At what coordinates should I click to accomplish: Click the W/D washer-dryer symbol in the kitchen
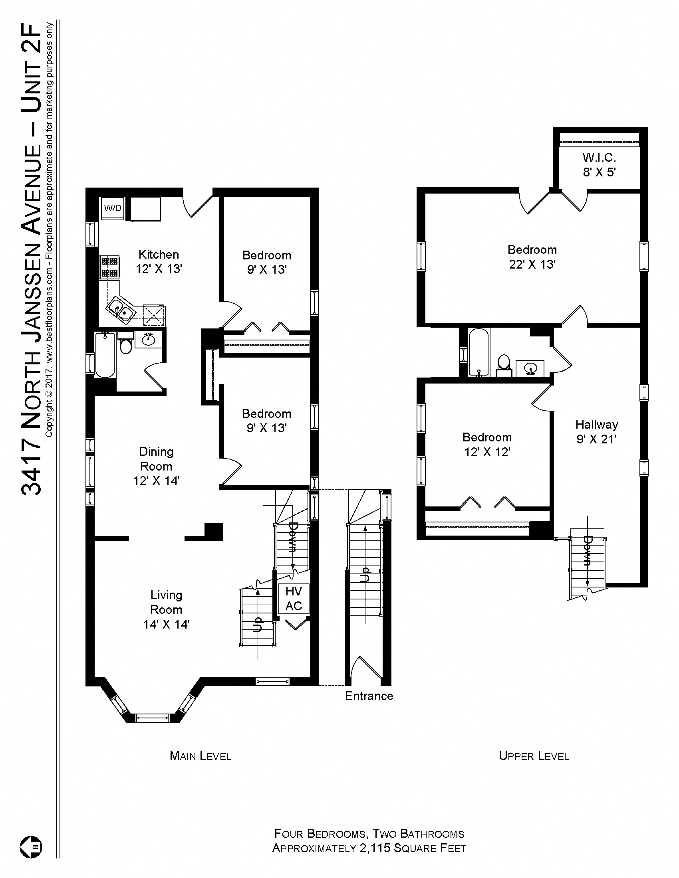click(x=113, y=208)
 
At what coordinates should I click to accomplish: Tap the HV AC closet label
click(x=294, y=598)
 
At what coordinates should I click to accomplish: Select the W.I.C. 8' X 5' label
click(x=600, y=165)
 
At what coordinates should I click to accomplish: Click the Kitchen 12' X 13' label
click(x=159, y=261)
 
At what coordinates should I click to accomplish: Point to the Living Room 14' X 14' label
click(x=166, y=609)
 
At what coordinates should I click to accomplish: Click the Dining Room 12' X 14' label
click(x=156, y=466)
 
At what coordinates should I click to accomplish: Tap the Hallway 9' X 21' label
click(x=597, y=431)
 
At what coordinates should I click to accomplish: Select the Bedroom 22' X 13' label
click(x=532, y=257)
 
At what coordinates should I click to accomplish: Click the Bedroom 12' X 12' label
click(x=487, y=444)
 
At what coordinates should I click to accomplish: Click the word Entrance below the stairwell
click(x=369, y=696)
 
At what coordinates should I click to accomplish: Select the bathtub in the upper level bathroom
click(x=478, y=352)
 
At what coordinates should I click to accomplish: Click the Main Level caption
click(x=201, y=756)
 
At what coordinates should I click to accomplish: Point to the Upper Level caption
click(x=533, y=756)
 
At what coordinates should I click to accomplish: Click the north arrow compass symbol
click(x=31, y=846)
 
